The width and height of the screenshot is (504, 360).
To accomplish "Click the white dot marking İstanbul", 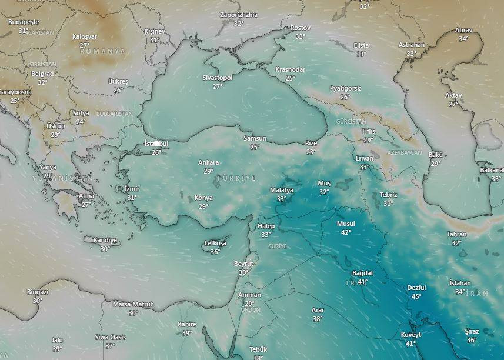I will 156,143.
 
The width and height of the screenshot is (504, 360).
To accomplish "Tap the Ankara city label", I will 208,162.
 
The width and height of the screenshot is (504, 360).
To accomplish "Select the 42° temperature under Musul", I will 346,232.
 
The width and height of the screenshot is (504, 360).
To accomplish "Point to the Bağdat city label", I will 362,274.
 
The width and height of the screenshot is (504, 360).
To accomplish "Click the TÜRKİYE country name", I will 236,178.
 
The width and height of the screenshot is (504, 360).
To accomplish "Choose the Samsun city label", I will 255,138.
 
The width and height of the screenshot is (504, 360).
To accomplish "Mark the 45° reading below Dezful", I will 416,296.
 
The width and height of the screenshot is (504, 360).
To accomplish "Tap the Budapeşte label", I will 24,22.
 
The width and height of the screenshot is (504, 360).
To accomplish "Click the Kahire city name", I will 186,324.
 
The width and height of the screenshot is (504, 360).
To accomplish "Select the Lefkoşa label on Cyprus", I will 215,243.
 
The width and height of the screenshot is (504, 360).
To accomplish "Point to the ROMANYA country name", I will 103,52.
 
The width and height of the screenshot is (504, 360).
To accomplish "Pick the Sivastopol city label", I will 218,78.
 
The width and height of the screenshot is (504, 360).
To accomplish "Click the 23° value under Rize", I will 311,152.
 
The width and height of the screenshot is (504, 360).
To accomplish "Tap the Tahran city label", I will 456,234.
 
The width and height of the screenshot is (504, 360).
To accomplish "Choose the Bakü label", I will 435,155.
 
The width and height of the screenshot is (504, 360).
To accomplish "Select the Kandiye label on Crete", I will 105,240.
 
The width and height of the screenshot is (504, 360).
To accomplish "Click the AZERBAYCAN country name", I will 405,152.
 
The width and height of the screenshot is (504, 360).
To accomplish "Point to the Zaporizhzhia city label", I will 238,15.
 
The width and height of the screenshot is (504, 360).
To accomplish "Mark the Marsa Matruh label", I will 133,304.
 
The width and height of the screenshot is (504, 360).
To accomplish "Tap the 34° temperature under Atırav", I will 463,39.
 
